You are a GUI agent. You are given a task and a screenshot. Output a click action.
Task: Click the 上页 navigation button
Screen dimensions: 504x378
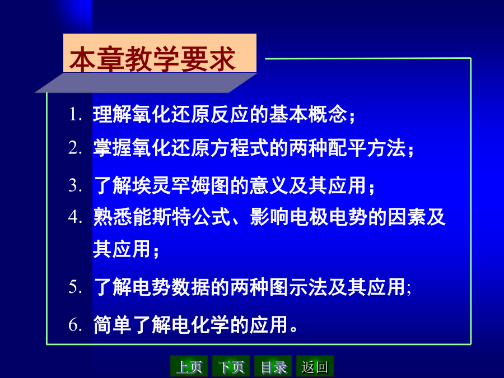point(189,366)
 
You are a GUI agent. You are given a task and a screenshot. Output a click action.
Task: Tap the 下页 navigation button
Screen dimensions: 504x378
point(231,366)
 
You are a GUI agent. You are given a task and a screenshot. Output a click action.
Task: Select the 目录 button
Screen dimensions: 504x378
point(273,366)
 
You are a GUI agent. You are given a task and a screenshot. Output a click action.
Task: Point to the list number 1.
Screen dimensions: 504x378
point(76,114)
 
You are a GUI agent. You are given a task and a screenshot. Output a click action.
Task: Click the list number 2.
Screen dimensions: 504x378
point(76,148)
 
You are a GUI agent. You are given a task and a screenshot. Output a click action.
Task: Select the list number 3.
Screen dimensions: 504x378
point(76,186)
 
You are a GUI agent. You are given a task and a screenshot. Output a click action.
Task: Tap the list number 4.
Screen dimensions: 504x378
point(76,217)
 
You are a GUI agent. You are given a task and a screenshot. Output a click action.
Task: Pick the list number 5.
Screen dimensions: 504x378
point(76,287)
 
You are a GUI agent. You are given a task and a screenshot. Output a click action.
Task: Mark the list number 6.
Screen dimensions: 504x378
point(76,324)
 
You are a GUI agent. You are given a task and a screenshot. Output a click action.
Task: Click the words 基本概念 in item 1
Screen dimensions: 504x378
point(308,114)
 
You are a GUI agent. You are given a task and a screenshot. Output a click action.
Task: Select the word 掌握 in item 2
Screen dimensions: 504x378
point(113,148)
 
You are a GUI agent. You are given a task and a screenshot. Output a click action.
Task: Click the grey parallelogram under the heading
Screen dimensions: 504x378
point(146,83)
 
